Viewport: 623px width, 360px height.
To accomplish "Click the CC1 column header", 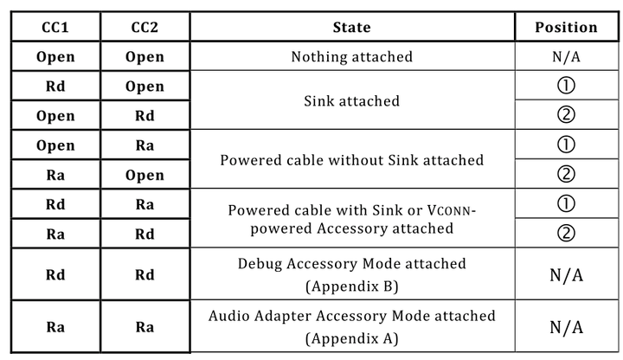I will (55, 28).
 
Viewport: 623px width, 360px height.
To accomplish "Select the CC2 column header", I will (145, 28).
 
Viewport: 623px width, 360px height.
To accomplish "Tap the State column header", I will (351, 28).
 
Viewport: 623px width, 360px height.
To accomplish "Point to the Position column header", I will (566, 28).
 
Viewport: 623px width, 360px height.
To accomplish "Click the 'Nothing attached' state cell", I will (351, 57).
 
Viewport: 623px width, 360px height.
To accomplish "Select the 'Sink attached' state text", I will (351, 101).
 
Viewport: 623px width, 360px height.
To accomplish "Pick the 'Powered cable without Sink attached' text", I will (351, 160).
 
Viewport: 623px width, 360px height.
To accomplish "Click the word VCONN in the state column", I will (450, 210).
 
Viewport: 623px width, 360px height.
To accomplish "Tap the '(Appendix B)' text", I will (351, 284).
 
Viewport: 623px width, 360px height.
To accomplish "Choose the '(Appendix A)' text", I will (351, 337).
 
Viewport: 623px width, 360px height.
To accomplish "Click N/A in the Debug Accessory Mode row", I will (566, 274).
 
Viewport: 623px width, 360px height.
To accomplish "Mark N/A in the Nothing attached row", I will (566, 57).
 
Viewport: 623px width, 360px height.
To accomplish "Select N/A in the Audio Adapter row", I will (566, 327).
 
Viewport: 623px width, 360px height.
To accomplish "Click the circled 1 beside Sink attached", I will (566, 87).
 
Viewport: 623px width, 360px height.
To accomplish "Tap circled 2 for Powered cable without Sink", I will (566, 175).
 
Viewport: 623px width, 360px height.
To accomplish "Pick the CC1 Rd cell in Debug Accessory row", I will (55, 274).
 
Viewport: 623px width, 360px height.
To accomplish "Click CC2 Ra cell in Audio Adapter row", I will (145, 327).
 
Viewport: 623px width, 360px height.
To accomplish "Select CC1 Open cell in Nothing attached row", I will (55, 57).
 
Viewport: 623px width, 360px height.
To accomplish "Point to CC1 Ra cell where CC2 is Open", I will (55, 175).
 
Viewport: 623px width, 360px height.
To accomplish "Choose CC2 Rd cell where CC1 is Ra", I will (145, 234).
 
